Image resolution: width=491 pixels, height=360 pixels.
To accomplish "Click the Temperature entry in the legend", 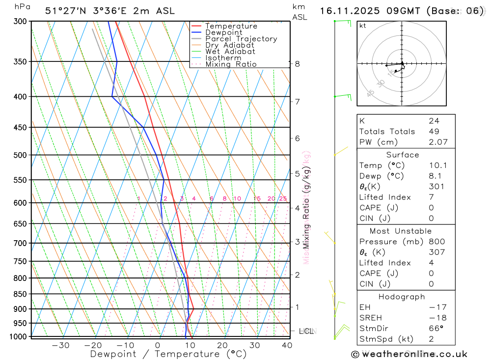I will (x=231, y=26).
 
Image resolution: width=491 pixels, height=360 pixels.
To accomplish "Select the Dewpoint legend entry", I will (x=223, y=32).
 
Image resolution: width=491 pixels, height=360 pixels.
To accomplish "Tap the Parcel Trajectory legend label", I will (x=241, y=39).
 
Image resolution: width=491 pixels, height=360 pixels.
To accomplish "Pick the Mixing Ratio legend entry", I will (x=230, y=64).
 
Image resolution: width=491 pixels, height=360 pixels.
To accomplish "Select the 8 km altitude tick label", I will (x=297, y=64).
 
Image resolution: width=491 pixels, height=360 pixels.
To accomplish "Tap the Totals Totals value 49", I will (x=434, y=131).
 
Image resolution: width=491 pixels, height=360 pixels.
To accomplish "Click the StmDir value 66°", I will (x=436, y=328).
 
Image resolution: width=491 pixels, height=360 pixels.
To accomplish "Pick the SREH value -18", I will (x=436, y=317).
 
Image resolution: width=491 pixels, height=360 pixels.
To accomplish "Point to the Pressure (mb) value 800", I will (x=436, y=242).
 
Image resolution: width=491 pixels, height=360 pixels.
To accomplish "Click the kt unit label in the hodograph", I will (x=363, y=26).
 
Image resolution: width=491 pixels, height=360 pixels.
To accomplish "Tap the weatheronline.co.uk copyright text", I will (x=409, y=354).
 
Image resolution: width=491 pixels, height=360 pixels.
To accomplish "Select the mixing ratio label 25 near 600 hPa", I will (x=283, y=198).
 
